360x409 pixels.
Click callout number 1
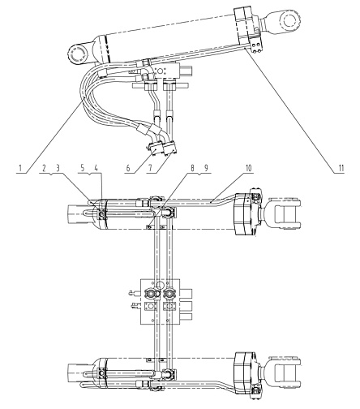point(20,168)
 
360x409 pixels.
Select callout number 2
point(44,168)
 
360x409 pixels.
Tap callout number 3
point(58,168)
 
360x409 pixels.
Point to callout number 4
point(96,168)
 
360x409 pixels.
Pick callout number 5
point(83,168)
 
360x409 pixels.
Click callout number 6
point(128,168)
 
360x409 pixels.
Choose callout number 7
point(150,168)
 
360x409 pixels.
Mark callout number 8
point(192,168)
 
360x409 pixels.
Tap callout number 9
point(206,168)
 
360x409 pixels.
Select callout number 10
point(248,168)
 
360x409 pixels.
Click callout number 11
point(341,168)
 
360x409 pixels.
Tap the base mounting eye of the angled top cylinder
point(78,54)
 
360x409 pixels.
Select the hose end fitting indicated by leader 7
point(169,148)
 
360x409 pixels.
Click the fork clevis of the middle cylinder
point(285,214)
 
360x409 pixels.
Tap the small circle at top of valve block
point(160,284)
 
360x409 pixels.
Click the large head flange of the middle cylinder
point(244,214)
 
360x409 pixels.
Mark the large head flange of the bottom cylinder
point(244,373)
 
